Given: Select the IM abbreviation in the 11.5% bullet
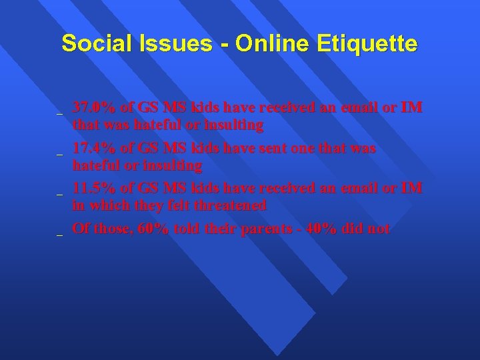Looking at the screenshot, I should (412, 188).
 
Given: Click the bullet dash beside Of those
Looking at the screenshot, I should (59, 235).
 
